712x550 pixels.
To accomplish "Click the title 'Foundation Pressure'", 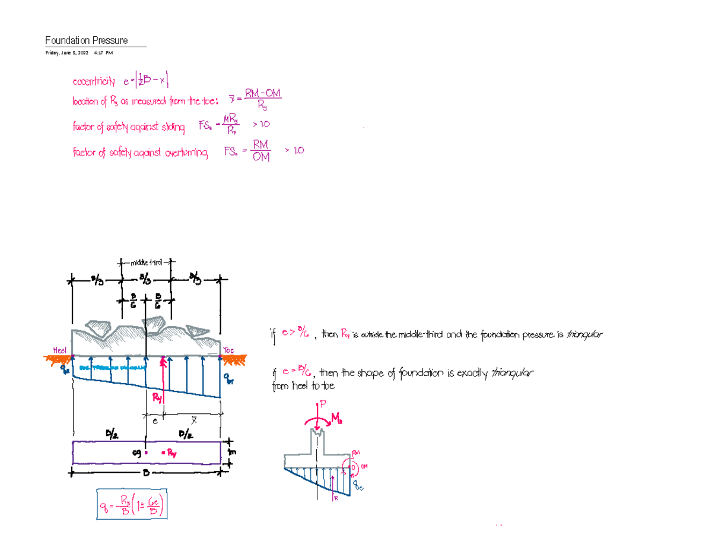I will click(x=87, y=40).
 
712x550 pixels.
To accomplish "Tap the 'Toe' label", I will click(x=229, y=350).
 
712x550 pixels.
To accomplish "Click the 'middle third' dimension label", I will click(x=145, y=261).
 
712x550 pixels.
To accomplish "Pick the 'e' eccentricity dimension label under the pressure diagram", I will click(x=154, y=420).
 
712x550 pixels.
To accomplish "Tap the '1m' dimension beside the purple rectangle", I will click(x=232, y=452).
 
